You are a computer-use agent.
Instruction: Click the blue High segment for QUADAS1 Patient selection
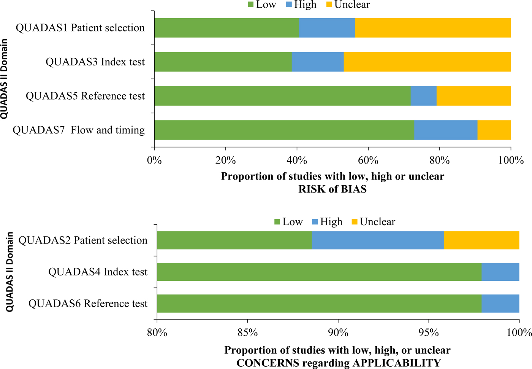click(327, 28)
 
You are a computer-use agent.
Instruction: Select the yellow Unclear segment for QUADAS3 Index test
click(427, 62)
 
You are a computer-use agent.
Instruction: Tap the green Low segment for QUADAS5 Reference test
click(282, 96)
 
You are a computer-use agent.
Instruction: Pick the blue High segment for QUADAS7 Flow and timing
click(446, 130)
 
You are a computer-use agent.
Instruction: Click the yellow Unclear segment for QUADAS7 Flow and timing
click(494, 130)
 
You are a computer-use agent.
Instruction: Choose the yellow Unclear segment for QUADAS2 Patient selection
click(481, 240)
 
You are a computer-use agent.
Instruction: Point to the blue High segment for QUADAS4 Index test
click(500, 272)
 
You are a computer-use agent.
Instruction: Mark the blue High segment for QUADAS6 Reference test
click(500, 304)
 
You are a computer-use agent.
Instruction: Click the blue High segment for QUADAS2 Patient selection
click(378, 240)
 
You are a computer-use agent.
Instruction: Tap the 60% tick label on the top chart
click(368, 160)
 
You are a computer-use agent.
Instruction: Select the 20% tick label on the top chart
click(226, 160)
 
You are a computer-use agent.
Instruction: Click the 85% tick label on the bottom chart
click(247, 333)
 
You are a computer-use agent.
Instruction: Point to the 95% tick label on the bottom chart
click(428, 333)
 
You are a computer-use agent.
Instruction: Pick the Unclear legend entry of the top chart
click(352, 5)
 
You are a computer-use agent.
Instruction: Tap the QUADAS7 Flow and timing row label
click(79, 130)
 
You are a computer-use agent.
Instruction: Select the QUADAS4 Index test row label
click(98, 272)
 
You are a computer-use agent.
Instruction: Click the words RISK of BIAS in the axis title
click(332, 189)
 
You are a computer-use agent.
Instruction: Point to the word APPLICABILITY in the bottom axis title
click(397, 363)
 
